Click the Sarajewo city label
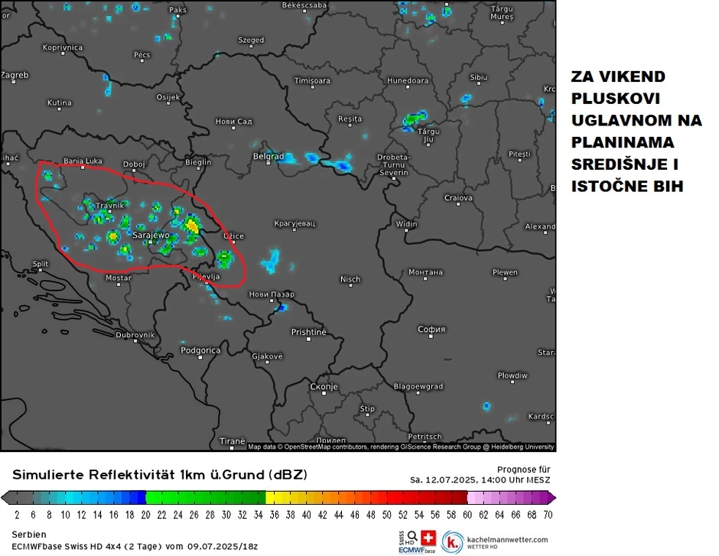tap(151, 236)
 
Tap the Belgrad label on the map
tap(268, 156)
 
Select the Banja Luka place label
tap(83, 161)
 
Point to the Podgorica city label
tap(200, 350)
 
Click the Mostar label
tap(118, 278)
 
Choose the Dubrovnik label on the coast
tap(135, 335)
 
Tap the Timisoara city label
tap(312, 80)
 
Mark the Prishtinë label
tap(308, 332)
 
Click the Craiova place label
tap(458, 198)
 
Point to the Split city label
tap(41, 264)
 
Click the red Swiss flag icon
tap(428, 537)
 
